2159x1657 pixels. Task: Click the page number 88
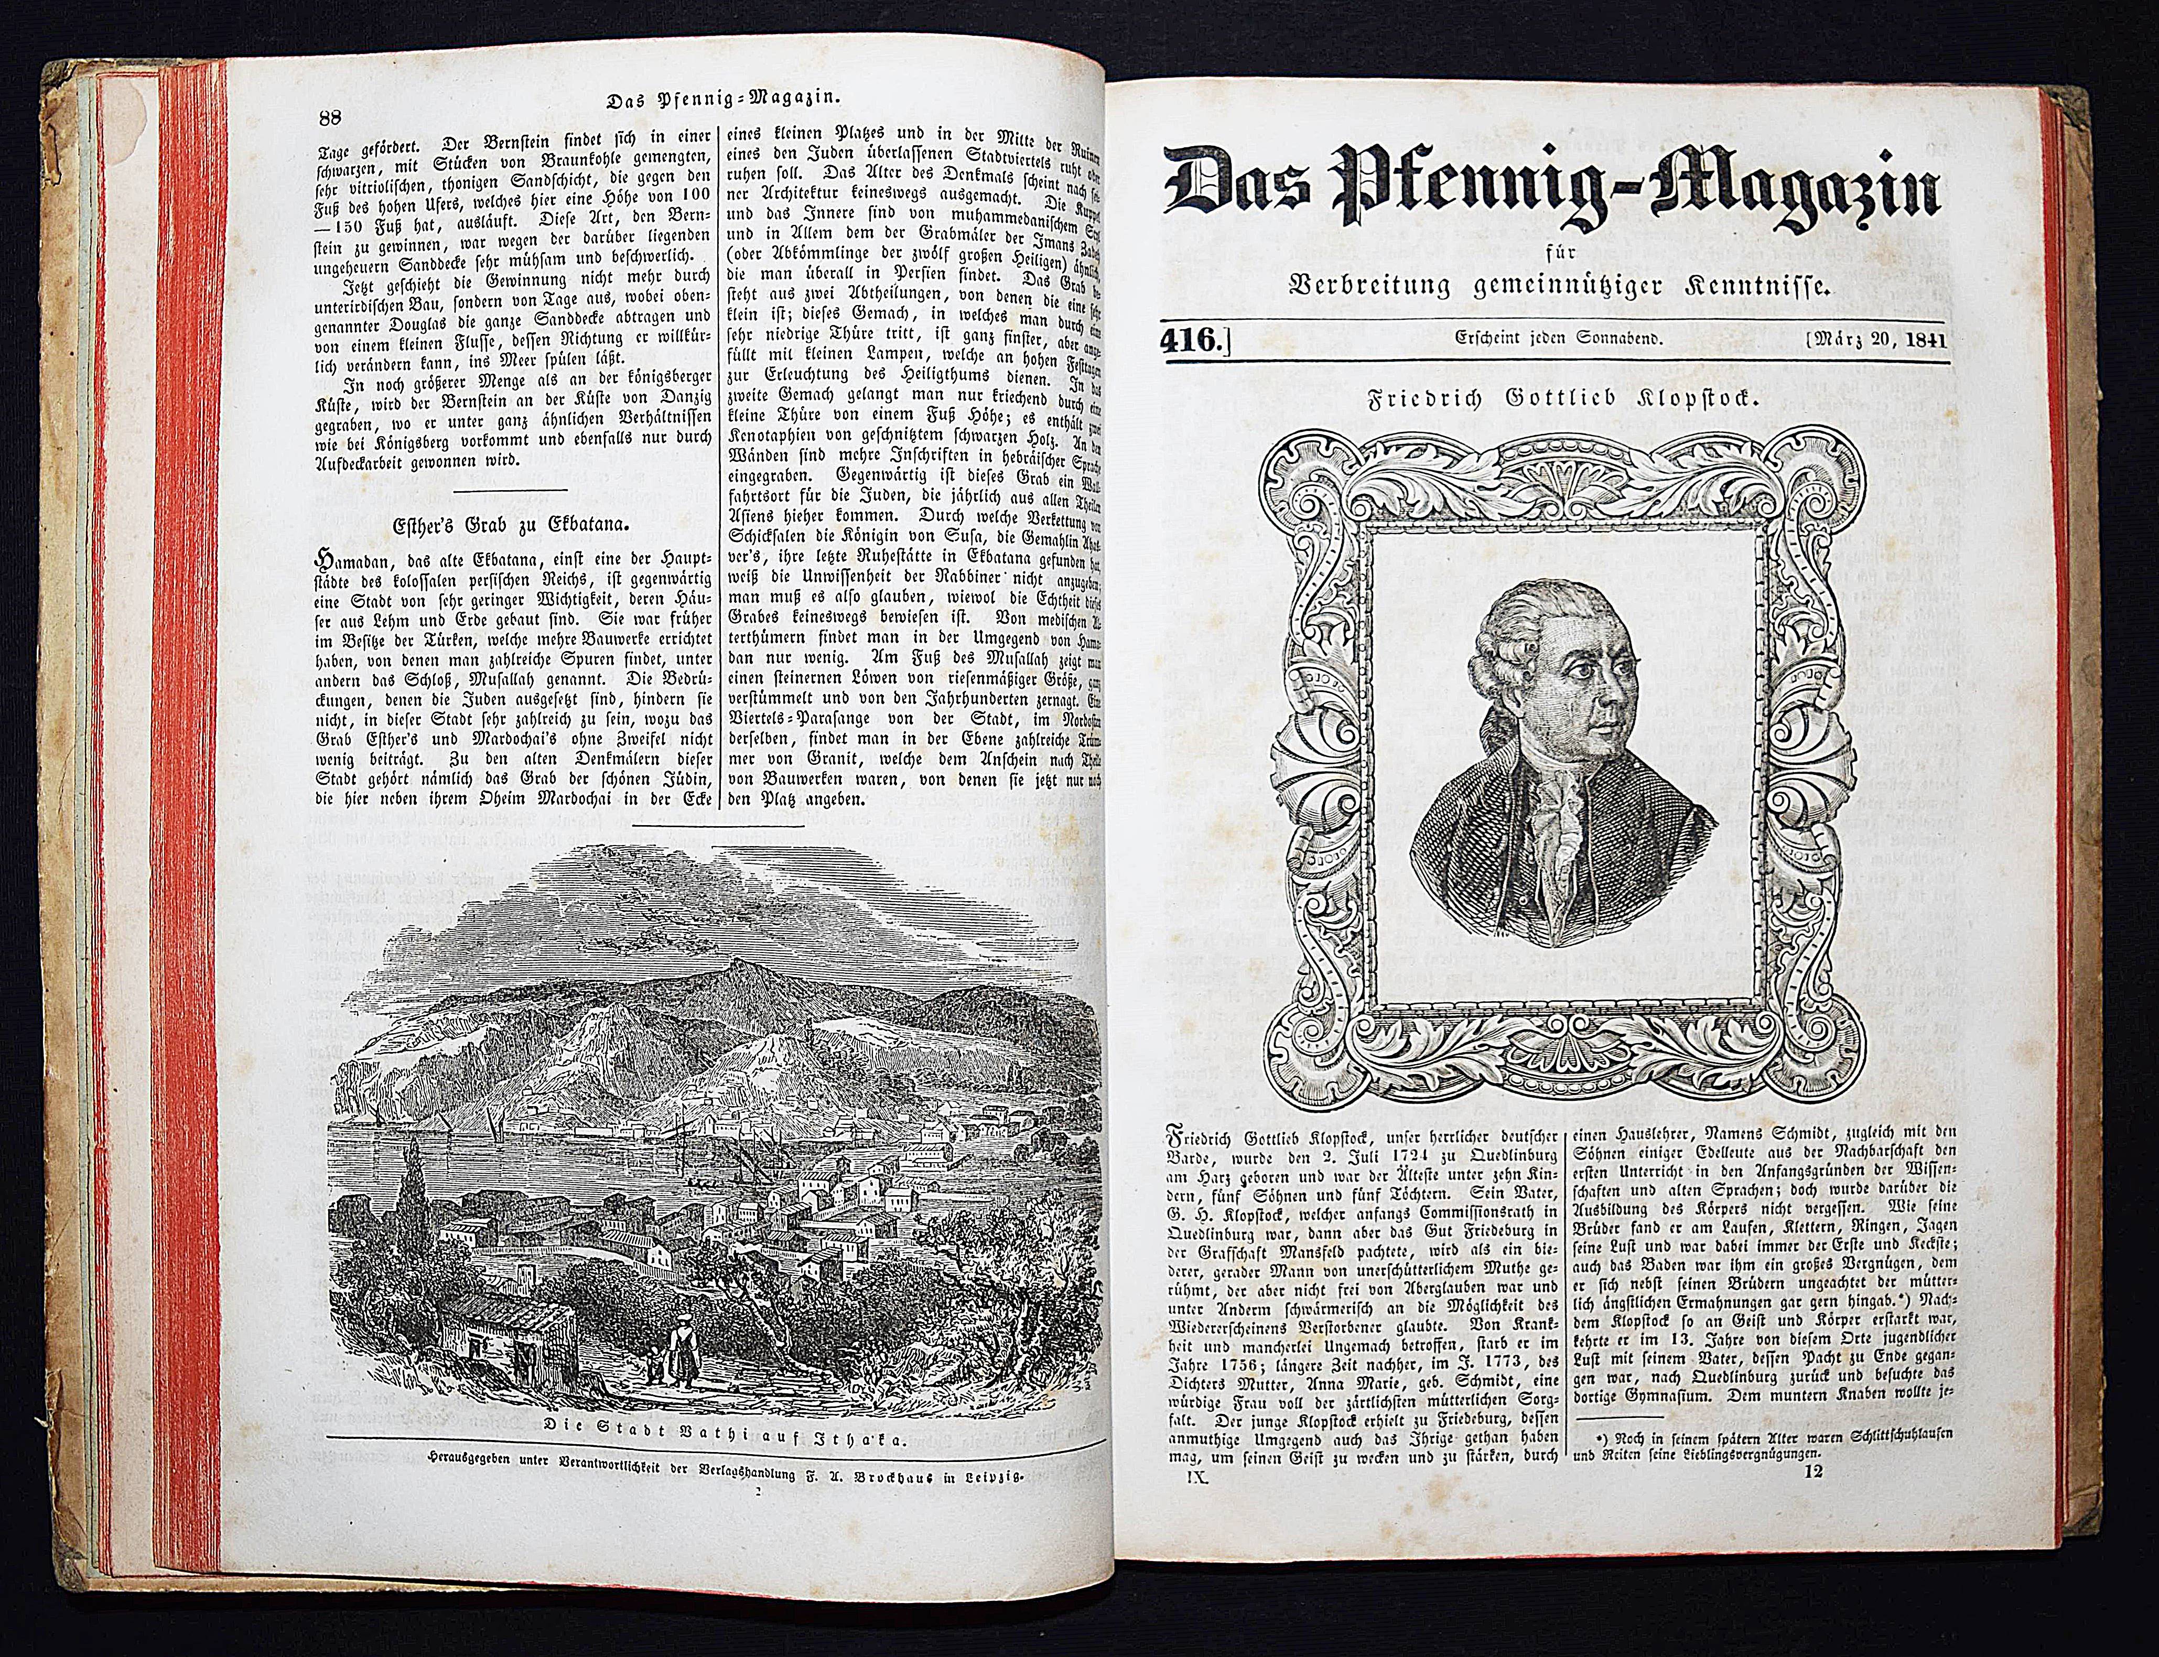coord(328,116)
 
